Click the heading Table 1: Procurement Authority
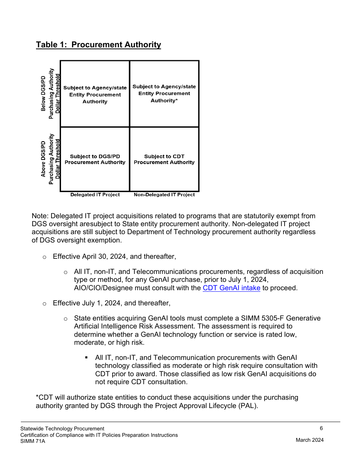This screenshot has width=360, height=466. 98,45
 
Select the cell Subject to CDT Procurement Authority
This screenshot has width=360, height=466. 164,159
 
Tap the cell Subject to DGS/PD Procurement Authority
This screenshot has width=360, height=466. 95,159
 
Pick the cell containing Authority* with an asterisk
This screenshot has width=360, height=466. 164,94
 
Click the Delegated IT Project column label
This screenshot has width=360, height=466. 95,195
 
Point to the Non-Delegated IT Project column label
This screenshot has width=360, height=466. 164,195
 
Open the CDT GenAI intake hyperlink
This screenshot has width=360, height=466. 231,288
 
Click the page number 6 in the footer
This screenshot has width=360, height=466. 321,428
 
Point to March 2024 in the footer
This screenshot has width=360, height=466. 310,440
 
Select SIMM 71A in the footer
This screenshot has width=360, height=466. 33,441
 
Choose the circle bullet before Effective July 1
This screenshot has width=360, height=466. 44,303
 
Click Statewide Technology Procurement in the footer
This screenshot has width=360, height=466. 62,428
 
